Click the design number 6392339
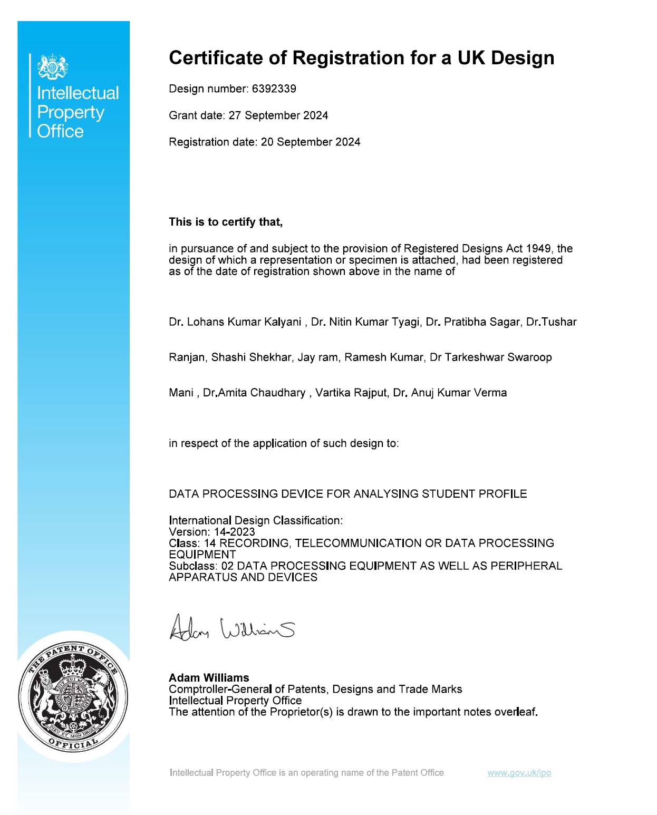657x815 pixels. point(274,89)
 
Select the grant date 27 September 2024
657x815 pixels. point(278,115)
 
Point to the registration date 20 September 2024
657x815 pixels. point(311,142)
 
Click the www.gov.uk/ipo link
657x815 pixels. point(519,773)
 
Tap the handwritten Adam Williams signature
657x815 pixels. point(231,627)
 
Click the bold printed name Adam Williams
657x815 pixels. point(209,678)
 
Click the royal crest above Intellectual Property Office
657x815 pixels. point(53,66)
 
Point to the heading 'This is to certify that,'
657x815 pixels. point(226,222)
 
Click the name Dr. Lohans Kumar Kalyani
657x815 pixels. point(235,322)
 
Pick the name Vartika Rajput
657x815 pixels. point(352,393)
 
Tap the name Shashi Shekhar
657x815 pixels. point(251,357)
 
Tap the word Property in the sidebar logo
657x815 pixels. point(71,112)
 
